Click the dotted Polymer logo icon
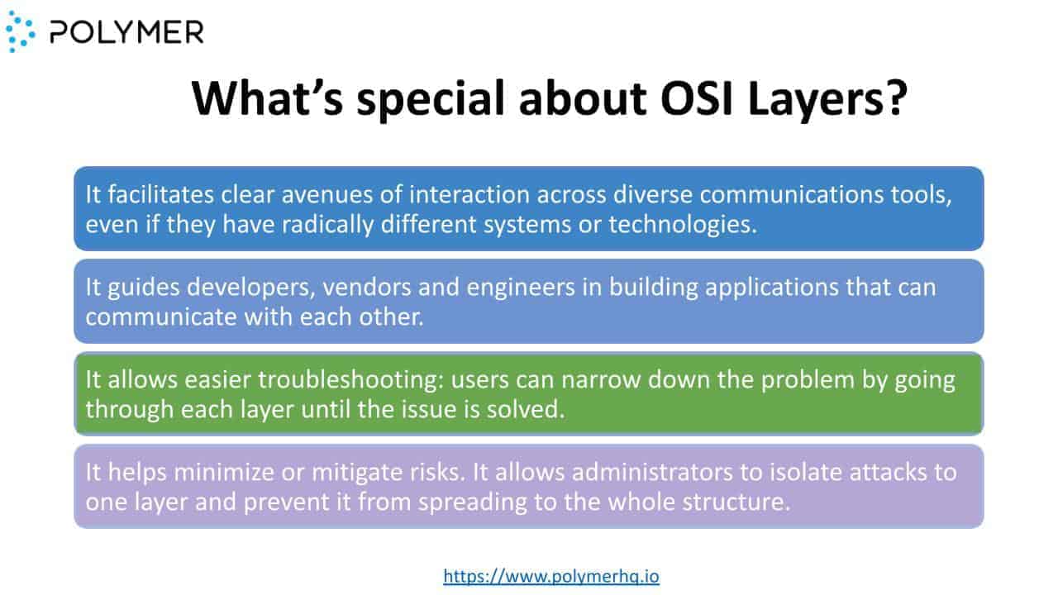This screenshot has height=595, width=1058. (x=21, y=31)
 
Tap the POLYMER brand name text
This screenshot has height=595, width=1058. (x=126, y=32)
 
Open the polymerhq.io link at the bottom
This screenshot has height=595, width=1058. (x=551, y=576)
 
